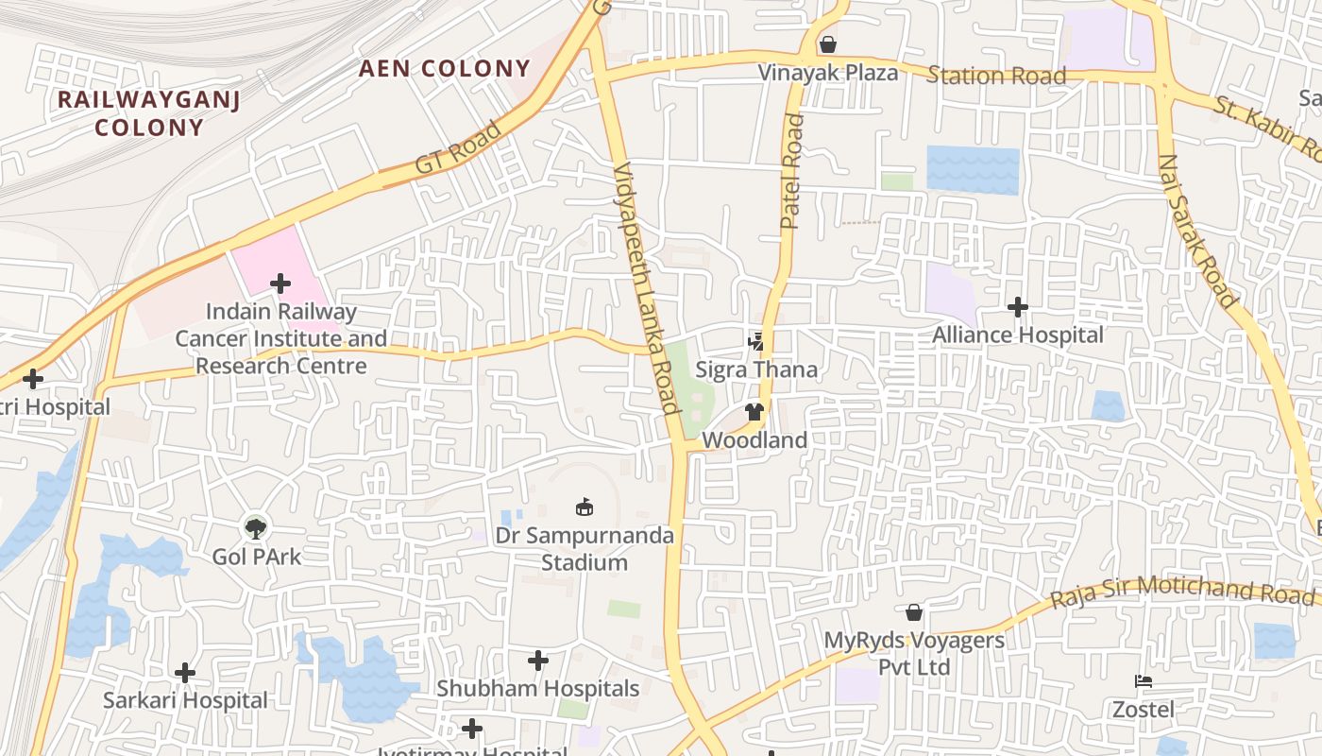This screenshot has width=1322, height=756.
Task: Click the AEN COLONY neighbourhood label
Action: coord(445,68)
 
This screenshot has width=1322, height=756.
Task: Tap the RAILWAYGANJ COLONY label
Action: coord(149,113)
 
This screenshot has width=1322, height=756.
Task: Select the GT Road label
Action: coord(458,149)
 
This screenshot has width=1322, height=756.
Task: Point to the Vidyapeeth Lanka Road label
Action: coord(647,288)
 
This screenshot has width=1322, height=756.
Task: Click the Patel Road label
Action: coord(791,171)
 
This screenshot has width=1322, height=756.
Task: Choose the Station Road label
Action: coord(996,76)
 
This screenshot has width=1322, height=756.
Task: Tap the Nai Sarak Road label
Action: coord(1196,231)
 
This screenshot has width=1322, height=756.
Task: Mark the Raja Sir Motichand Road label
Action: coord(1181,593)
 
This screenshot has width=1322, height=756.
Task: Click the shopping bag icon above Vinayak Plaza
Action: coord(828,44)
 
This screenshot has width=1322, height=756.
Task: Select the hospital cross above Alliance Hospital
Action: coord(1018,307)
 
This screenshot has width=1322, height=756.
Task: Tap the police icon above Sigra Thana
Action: coord(755,341)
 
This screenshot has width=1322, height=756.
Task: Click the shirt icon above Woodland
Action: coord(754,412)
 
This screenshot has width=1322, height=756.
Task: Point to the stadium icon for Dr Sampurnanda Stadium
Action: coord(585,507)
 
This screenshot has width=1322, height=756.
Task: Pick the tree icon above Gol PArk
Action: coord(256,527)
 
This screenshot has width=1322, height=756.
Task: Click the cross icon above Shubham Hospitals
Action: coord(538,661)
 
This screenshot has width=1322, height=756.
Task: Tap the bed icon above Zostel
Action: coord(1143,681)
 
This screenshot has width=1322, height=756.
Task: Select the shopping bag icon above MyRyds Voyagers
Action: coord(913,612)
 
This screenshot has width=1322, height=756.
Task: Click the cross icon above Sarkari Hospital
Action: coord(185,673)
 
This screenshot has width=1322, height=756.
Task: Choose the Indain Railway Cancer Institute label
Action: coord(281,338)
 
